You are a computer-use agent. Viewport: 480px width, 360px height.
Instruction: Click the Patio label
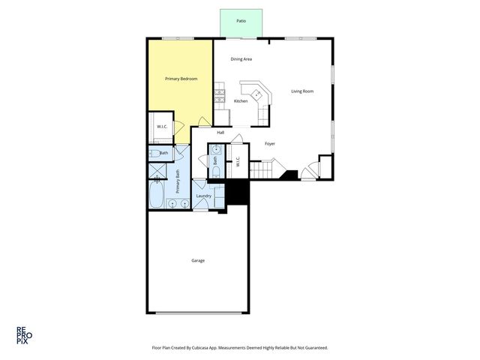pyautogui.click(x=241, y=21)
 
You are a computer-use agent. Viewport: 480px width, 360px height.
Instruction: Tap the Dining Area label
pyautogui.click(x=241, y=58)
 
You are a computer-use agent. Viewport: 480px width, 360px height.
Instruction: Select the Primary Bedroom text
pyautogui.click(x=181, y=78)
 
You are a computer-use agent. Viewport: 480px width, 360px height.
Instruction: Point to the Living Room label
pyautogui.click(x=302, y=91)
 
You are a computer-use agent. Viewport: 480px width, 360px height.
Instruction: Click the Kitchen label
pyautogui.click(x=241, y=101)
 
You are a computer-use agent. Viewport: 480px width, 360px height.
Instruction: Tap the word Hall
pyautogui.click(x=220, y=133)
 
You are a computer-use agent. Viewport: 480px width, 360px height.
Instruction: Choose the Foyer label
pyautogui.click(x=270, y=143)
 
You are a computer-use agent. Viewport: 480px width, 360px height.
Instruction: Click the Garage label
pyautogui.click(x=198, y=260)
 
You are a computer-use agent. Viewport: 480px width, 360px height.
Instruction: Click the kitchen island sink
pyautogui.click(x=256, y=94)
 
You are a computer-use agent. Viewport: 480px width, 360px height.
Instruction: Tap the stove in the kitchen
pyautogui.click(x=220, y=95)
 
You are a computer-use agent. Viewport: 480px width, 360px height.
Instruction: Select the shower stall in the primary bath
pyautogui.click(x=158, y=172)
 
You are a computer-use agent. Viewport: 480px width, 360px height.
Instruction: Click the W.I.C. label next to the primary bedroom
pyautogui.click(x=162, y=126)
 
